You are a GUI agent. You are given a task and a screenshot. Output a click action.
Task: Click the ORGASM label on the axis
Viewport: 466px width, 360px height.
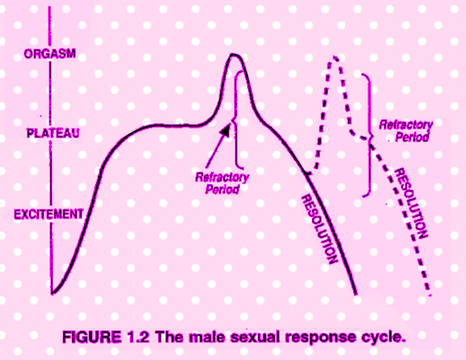click(x=50, y=54)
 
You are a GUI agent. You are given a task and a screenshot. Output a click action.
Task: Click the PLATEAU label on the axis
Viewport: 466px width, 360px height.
click(x=53, y=133)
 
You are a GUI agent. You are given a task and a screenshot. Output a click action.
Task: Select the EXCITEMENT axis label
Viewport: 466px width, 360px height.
click(x=49, y=214)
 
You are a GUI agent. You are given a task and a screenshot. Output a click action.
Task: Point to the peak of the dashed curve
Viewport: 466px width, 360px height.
click(x=335, y=58)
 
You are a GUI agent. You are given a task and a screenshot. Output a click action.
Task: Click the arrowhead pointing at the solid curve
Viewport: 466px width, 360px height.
click(x=226, y=130)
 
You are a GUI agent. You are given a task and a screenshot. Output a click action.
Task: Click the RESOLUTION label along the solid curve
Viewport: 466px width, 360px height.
click(x=320, y=229)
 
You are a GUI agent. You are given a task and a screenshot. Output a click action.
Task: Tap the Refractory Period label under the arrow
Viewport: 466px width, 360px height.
click(x=222, y=183)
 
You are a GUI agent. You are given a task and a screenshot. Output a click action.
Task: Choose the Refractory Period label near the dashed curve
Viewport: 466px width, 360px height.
click(x=406, y=130)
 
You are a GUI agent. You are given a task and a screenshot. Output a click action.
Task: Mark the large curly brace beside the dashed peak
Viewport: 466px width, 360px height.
click(x=368, y=136)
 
